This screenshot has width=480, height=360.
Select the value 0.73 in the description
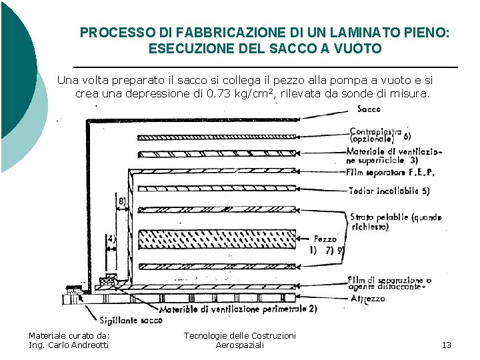pyautogui.click(x=219, y=93)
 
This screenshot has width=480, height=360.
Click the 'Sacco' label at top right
pyautogui.click(x=369, y=109)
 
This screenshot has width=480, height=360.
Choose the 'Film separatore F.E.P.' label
pyautogui.click(x=391, y=172)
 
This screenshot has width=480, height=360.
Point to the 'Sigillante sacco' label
pyautogui.click(x=131, y=321)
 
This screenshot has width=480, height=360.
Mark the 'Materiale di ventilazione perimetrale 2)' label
pyautogui.click(x=237, y=309)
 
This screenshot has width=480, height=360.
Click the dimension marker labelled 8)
pyautogui.click(x=122, y=201)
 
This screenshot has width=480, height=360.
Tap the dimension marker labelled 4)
pyautogui.click(x=111, y=238)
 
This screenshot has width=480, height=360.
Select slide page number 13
pyautogui.click(x=446, y=345)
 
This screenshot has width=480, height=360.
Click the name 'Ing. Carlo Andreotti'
pyautogui.click(x=69, y=345)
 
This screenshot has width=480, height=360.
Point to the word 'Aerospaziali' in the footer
pyautogui.click(x=239, y=345)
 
